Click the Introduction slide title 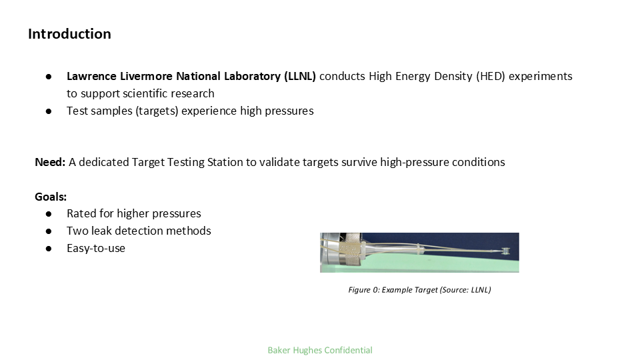69,34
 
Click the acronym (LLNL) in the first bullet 299,76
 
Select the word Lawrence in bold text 90,76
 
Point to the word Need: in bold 50,162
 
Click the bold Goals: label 51,197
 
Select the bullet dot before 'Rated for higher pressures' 49,214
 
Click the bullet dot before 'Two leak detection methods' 49,231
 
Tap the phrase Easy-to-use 96,249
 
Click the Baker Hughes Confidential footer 320,350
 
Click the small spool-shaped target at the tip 505,251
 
